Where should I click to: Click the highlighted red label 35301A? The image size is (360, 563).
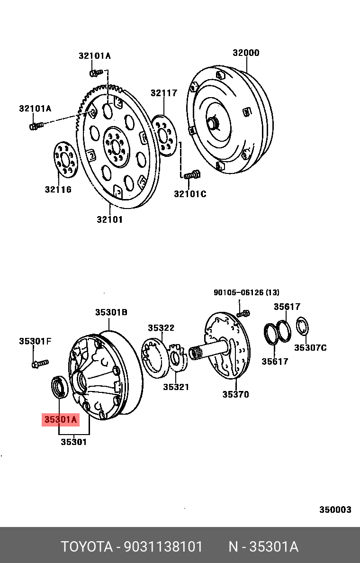point(60,419)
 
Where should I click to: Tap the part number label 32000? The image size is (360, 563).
point(246,53)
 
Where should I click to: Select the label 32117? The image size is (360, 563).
point(164,93)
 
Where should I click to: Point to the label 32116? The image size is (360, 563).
point(58,190)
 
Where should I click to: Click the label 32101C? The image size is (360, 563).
point(190,194)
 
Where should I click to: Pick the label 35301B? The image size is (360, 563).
point(111,312)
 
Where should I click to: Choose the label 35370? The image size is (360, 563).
point(235,394)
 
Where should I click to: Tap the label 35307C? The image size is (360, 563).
point(310,348)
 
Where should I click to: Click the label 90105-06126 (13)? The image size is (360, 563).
point(246,292)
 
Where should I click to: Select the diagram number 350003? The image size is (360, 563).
point(335,509)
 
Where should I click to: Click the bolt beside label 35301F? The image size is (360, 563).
point(40,363)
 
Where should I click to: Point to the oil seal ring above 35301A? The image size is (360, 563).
point(60,386)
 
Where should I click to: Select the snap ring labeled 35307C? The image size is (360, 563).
point(302,327)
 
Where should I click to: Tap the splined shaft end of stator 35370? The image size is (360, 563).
point(196,353)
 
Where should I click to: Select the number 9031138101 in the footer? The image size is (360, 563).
point(163,547)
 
